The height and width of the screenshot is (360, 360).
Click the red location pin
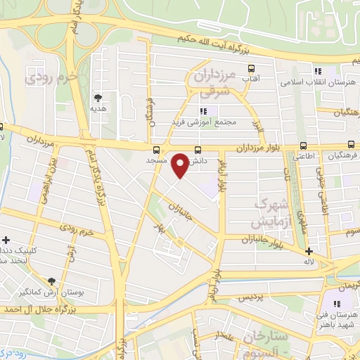click(x=181, y=165)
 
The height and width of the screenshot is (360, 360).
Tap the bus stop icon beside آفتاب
click(x=252, y=69)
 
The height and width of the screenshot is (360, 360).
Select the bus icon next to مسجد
click(x=156, y=149)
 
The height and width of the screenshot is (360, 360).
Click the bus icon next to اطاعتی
click(x=303, y=146)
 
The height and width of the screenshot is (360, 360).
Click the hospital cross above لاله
click(x=309, y=250)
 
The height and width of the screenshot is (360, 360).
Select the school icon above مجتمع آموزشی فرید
click(x=204, y=110)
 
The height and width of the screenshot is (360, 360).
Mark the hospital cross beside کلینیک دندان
click(x=6, y=240)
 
